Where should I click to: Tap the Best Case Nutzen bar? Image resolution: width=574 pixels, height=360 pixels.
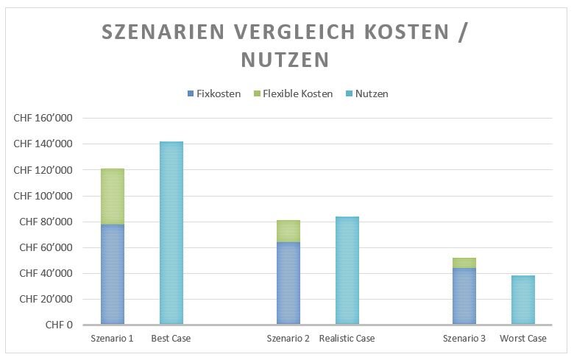coord(171,233)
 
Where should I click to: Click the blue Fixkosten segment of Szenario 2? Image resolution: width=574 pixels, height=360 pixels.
coord(288,283)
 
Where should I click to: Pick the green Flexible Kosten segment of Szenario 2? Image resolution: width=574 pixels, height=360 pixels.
coord(288,231)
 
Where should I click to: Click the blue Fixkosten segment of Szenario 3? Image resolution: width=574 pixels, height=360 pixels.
coord(464,296)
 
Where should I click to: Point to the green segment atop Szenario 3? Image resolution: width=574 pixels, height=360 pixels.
coord(464,263)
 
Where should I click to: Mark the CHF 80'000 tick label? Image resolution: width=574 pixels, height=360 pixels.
coord(46,222)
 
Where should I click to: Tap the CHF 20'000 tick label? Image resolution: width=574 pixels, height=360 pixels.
coord(46,299)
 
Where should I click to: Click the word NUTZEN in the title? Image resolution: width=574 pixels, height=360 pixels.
coord(286,60)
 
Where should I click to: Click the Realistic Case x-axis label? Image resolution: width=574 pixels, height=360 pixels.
coord(347,339)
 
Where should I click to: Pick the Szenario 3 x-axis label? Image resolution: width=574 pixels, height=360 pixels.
coord(464,339)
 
